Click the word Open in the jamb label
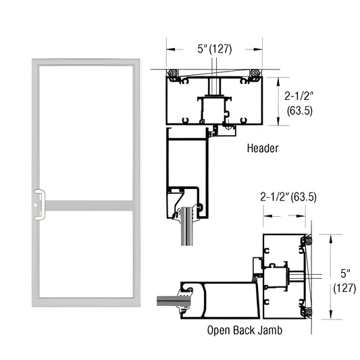click(221, 332)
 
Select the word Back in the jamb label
click(245, 332)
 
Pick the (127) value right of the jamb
click(344, 288)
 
